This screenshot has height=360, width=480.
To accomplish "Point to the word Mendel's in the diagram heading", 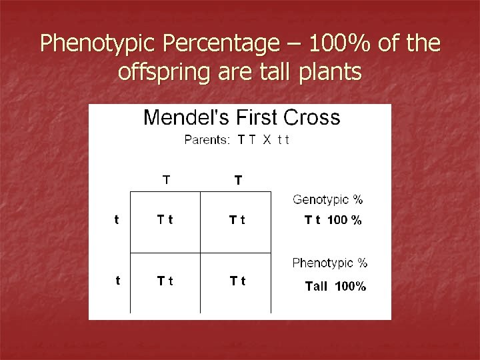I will pyautogui.click(x=190, y=119).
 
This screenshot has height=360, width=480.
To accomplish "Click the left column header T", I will pyautogui.click(x=166, y=179).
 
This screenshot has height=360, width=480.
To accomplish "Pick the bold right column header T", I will pyautogui.click(x=238, y=180).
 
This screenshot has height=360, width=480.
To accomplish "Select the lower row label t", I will pyautogui.click(x=118, y=281).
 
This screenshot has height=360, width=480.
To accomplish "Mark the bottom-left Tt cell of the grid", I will pyautogui.click(x=166, y=281).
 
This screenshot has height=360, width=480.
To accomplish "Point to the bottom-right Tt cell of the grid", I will pyautogui.click(x=237, y=281).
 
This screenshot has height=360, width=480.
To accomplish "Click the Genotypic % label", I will pyautogui.click(x=328, y=199).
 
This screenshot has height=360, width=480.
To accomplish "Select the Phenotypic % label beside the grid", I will pyautogui.click(x=330, y=263).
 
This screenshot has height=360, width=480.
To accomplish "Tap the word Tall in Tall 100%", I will pyautogui.click(x=317, y=287).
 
